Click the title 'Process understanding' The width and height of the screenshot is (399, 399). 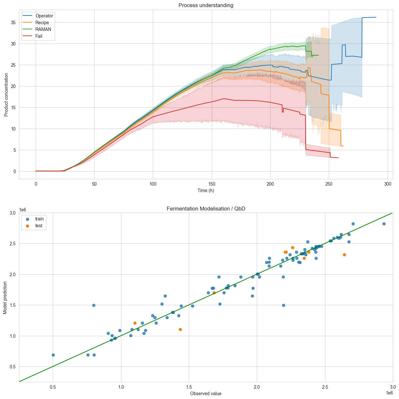pyautogui.click(x=206, y=5)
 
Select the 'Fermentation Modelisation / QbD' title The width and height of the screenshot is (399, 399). pyautogui.click(x=206, y=209)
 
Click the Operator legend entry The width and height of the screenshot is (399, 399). pyautogui.click(x=44, y=16)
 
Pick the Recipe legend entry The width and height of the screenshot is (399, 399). pyautogui.click(x=42, y=23)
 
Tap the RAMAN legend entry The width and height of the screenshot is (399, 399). pyautogui.click(x=43, y=29)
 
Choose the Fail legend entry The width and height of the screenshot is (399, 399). pyautogui.click(x=39, y=36)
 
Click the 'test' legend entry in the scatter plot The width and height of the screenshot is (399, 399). pyautogui.click(x=39, y=226)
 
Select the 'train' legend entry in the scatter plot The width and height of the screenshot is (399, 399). pyautogui.click(x=39, y=219)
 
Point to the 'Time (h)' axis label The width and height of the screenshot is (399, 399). pyautogui.click(x=206, y=190)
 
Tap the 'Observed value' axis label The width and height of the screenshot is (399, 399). pyautogui.click(x=206, y=394)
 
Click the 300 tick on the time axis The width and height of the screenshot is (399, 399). pyautogui.click(x=388, y=184)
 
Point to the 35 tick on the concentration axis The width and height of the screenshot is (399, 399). pyautogui.click(x=14, y=23)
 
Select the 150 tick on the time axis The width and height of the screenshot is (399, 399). pyautogui.click(x=212, y=184)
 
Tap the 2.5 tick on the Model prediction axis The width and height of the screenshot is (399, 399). pyautogui.click(x=13, y=244)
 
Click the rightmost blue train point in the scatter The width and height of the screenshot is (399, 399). pyautogui.click(x=384, y=224)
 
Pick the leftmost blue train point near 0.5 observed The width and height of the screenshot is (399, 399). pyautogui.click(x=53, y=355)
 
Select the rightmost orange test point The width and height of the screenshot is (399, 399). pyautogui.click(x=344, y=255)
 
